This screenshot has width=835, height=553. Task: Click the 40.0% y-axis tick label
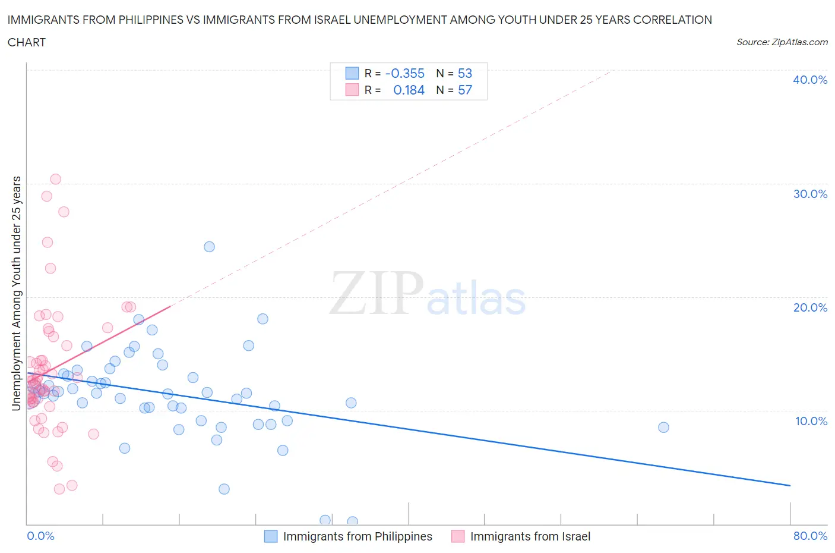pos(809,80)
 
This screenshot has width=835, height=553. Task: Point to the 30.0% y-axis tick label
pos(809,194)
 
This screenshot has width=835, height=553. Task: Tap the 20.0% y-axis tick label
pos(809,307)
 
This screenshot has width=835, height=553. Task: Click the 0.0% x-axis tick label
pos(40,536)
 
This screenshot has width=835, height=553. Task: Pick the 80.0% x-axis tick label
pos(810,536)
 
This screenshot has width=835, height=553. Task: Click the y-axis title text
pos(16,293)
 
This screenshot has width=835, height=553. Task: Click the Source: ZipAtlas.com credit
pos(782,42)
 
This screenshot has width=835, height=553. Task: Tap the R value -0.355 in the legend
pos(404,73)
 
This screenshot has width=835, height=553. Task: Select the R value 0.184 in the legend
pos(409,90)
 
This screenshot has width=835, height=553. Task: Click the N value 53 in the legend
pos(464,73)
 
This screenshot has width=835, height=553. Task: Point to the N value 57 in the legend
pos(464,90)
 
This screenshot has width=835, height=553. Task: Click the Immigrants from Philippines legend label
pos(358,536)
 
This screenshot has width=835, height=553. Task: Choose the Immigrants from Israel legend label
pos(530,536)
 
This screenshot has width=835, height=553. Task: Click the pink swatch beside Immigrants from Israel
pos(457,536)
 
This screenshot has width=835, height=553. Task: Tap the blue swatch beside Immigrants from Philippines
pos(271,536)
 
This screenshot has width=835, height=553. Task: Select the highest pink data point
pos(55,179)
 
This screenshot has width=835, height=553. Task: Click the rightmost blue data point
pos(663,428)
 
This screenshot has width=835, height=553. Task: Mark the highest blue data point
pos(209,247)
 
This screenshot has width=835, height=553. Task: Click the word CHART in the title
pos(27,42)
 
